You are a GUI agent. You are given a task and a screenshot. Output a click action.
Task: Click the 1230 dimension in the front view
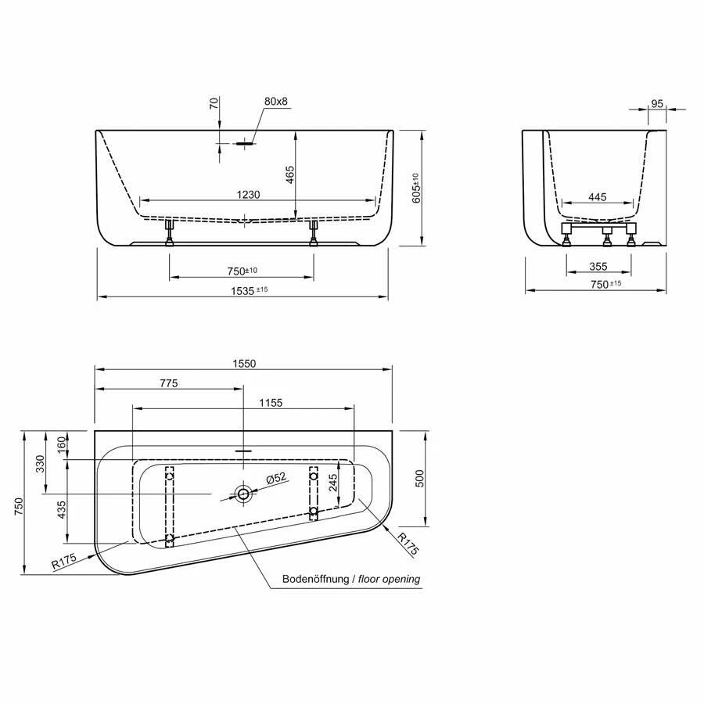[x=243, y=194]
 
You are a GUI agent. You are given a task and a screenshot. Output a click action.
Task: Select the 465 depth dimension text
[x=289, y=175]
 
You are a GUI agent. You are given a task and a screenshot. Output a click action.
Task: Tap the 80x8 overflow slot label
[x=276, y=102]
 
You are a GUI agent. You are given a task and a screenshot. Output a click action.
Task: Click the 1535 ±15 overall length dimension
[x=242, y=290]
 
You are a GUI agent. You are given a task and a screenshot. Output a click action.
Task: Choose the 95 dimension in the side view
[x=656, y=103]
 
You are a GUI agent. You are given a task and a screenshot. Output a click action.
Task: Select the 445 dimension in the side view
[x=598, y=198]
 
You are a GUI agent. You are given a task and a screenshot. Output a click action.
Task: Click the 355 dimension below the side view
[x=598, y=267]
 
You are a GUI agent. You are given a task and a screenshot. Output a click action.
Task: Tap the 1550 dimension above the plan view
[x=242, y=363]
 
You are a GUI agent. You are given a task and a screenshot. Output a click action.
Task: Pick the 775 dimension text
[x=169, y=383]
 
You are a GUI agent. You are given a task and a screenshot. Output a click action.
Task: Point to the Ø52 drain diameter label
[x=276, y=478]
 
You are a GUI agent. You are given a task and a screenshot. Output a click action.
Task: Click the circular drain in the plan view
[x=244, y=494]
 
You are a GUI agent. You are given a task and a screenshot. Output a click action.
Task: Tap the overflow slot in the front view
[x=244, y=143]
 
